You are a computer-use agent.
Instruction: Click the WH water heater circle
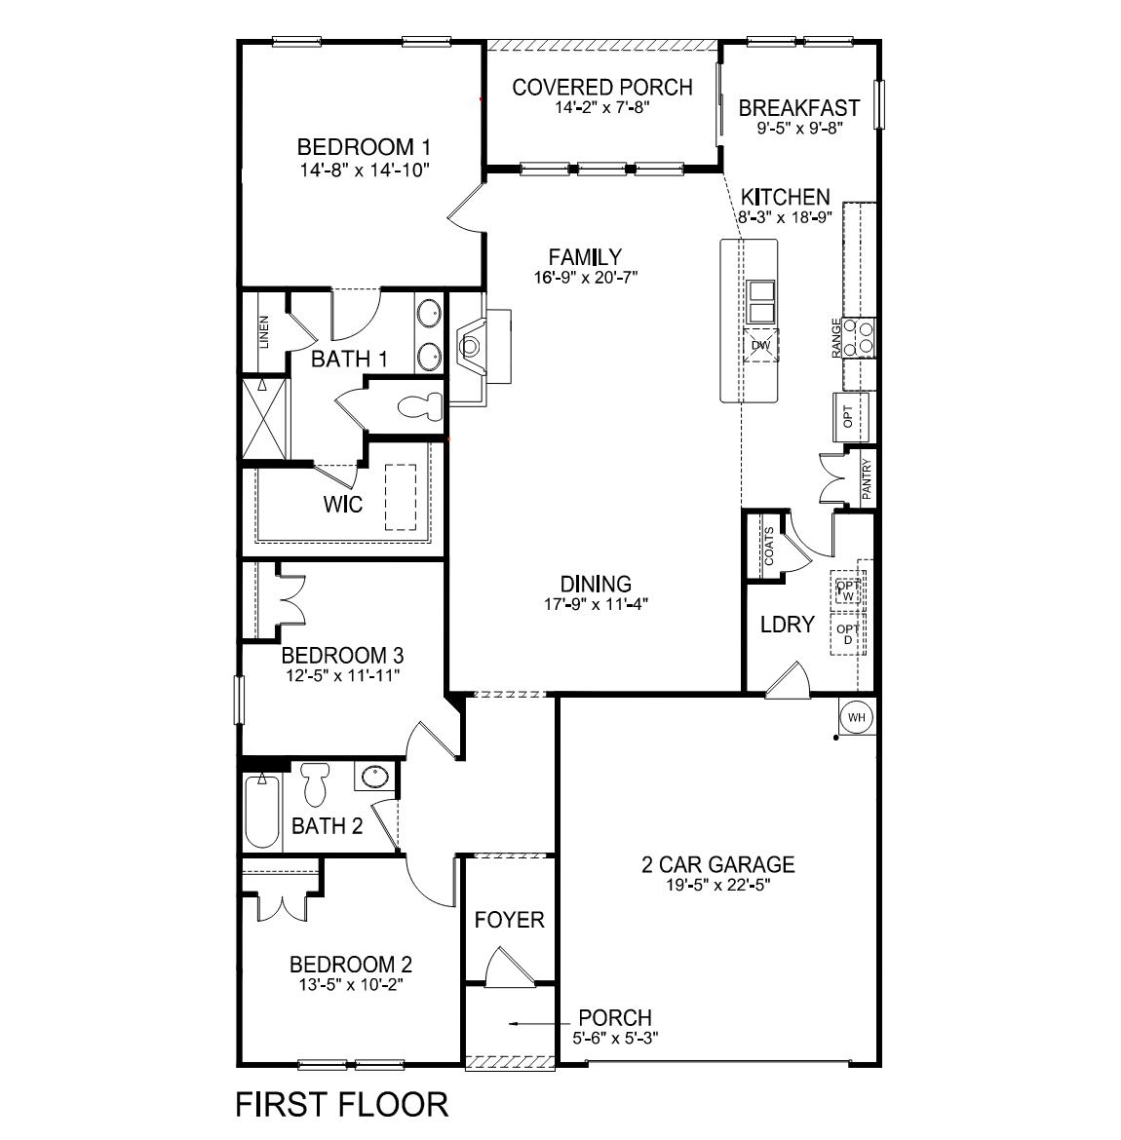[857, 718]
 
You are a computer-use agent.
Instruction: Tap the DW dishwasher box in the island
[760, 345]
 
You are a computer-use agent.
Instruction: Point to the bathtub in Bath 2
[261, 811]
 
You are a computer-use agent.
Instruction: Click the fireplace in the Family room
[473, 346]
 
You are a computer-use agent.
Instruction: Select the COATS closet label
[769, 546]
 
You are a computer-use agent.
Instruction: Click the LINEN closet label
[264, 332]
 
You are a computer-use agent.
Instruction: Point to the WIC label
[342, 505]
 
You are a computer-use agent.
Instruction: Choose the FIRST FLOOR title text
[342, 1104]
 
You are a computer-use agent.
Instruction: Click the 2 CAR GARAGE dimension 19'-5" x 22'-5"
[717, 885]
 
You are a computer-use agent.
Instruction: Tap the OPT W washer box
[848, 590]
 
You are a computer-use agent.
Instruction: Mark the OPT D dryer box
[848, 634]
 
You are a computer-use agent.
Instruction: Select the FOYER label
[509, 920]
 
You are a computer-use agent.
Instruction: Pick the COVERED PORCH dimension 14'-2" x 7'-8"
[601, 107]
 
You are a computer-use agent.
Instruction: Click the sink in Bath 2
[374, 777]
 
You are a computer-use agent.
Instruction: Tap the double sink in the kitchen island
[760, 302]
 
